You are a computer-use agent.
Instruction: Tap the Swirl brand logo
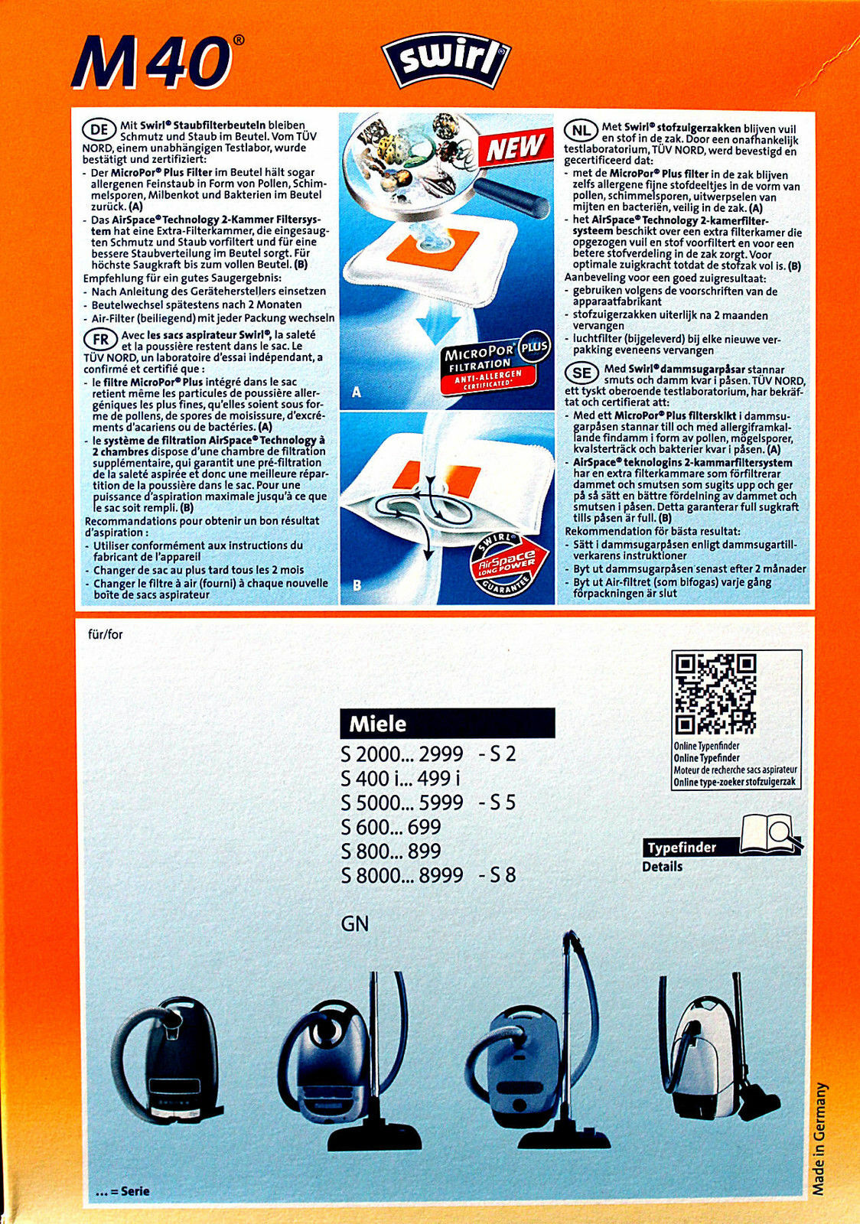[447, 64]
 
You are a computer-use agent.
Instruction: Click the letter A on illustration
[357, 392]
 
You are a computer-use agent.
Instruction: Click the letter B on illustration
[357, 586]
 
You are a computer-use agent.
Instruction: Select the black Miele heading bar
[447, 723]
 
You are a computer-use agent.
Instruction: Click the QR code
[716, 693]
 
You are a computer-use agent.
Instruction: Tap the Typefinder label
[682, 848]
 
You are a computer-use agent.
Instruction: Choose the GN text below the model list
[355, 923]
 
